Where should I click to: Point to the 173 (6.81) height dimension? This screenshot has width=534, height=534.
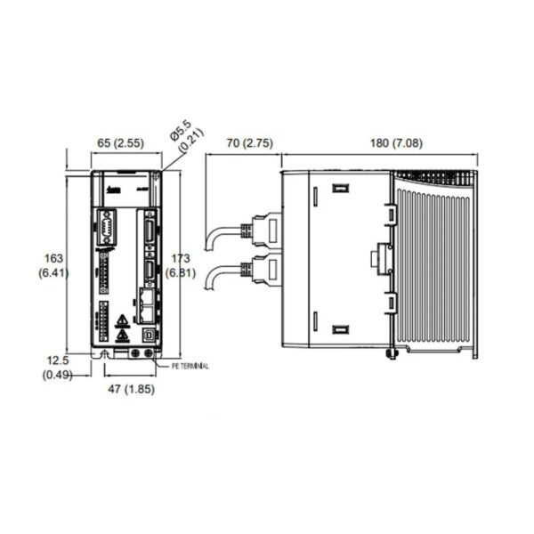(182, 264)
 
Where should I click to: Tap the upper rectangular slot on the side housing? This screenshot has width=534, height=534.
(338, 189)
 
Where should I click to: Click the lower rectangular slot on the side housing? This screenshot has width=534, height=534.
(338, 329)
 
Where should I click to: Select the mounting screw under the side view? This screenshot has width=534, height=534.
(390, 355)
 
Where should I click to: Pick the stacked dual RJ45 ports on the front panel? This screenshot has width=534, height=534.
(147, 304)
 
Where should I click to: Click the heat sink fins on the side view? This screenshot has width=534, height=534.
(436, 267)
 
